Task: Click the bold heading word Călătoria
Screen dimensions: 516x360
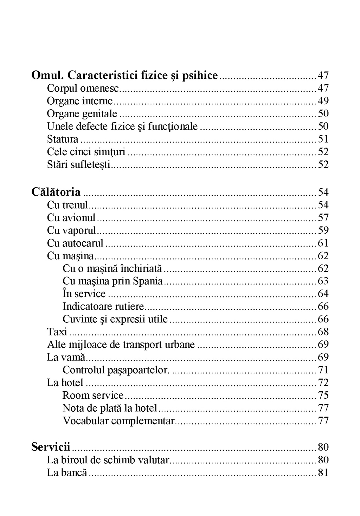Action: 56,192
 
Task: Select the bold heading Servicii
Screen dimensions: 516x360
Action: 51,447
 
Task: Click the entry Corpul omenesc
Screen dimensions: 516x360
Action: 83,88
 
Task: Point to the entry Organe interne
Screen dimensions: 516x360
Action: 80,101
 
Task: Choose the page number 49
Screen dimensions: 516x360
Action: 323,101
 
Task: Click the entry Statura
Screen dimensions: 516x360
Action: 63,139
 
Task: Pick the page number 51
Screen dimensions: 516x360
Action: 323,139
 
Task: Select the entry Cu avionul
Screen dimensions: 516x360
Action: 71,218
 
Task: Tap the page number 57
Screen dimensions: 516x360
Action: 323,218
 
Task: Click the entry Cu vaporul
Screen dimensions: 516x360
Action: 71,230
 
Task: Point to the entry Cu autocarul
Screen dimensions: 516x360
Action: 75,243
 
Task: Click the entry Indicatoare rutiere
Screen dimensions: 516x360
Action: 103,306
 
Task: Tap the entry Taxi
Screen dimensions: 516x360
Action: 57,332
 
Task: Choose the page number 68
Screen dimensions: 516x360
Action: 323,332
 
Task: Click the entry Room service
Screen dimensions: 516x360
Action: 93,395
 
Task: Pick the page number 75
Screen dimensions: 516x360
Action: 323,395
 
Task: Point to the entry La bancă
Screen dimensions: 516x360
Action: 67,472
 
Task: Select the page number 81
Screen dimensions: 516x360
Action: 323,472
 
